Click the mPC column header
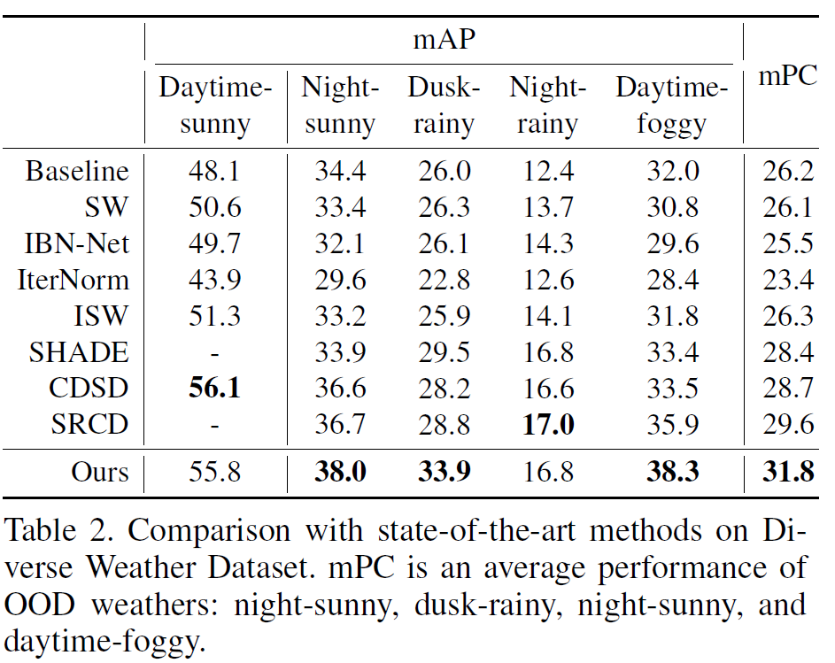coord(787,77)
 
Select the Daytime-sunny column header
coord(214,105)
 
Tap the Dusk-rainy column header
coord(443,105)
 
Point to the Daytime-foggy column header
coord(671,105)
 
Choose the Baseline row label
coord(77,170)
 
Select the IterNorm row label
coord(73,280)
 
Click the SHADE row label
coord(79,352)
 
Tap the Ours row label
coord(100,472)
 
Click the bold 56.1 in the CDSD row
coord(214,389)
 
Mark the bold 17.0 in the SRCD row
coord(546,425)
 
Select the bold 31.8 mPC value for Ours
coord(788,472)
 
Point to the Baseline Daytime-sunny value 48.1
coord(214,170)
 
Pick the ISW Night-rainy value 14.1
coord(546,316)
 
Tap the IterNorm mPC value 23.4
coord(788,280)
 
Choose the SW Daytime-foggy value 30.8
coord(672,207)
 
